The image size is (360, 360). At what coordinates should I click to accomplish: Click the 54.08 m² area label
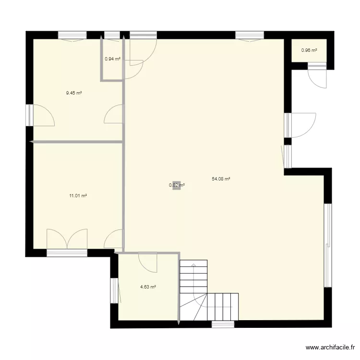pyautogui.click(x=221, y=179)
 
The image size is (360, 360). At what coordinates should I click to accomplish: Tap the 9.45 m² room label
pyautogui.click(x=74, y=93)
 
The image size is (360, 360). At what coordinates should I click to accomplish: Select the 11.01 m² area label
pyautogui.click(x=78, y=196)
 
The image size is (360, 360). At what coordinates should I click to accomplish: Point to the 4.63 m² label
pyautogui.click(x=148, y=287)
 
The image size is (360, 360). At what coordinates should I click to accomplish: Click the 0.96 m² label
pyautogui.click(x=309, y=50)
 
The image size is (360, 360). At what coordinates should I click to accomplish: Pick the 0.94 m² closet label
pyautogui.click(x=112, y=59)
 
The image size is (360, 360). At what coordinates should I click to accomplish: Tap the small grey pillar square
pyautogui.click(x=177, y=185)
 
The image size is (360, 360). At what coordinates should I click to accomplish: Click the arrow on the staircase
pyautogui.click(x=193, y=265)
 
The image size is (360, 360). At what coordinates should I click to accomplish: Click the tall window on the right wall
pyautogui.click(x=328, y=245)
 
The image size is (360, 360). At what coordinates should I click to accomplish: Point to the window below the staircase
pyautogui.click(x=223, y=324)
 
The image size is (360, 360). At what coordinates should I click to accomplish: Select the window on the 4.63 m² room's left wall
pyautogui.click(x=114, y=290)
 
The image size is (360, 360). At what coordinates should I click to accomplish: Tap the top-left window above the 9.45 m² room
pyautogui.click(x=72, y=35)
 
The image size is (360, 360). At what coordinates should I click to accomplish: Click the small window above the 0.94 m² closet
pyautogui.click(x=112, y=35)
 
